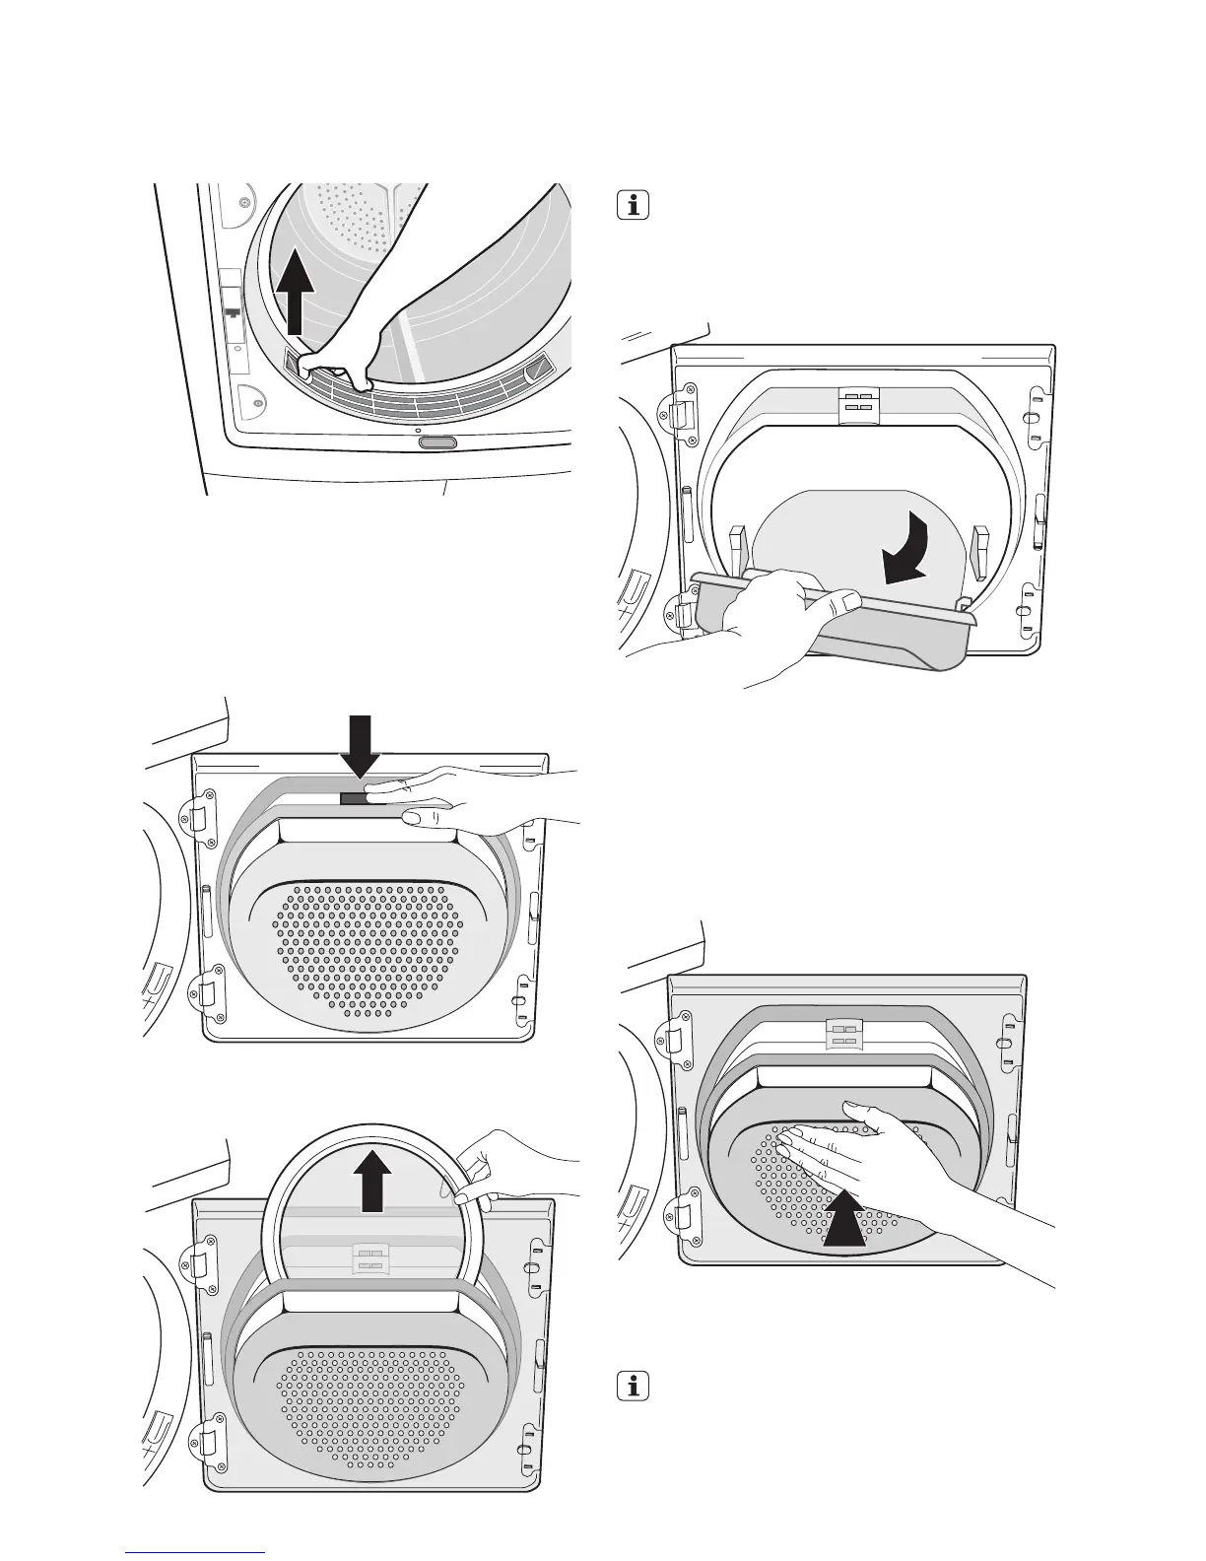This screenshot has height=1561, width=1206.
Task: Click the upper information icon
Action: [633, 206]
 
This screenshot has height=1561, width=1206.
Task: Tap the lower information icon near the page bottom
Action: [633, 1386]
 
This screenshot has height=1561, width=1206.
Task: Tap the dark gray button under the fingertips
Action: [353, 797]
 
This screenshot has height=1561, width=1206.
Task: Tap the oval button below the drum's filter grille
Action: [436, 443]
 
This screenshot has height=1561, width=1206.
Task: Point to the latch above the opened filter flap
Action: [855, 404]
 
